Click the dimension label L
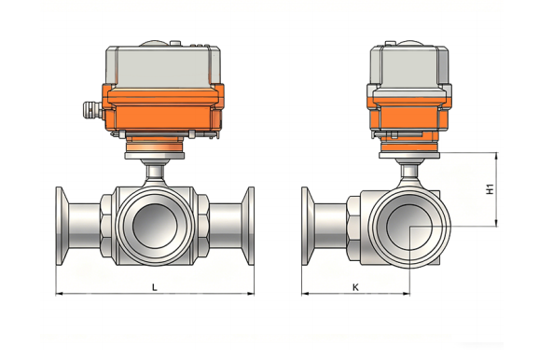click(155, 287)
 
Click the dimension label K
click(355, 287)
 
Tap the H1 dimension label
click(490, 189)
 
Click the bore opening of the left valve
click(155, 226)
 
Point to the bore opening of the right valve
click(409, 228)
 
